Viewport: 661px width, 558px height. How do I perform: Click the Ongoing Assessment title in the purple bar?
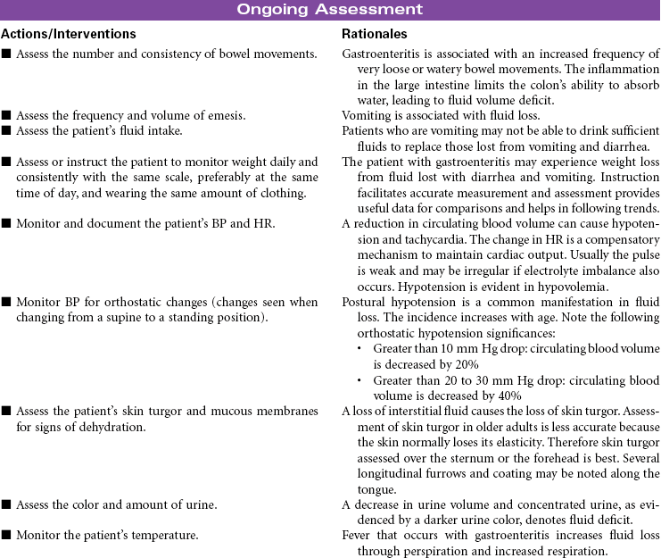(x=330, y=10)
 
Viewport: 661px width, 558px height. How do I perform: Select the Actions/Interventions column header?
(x=69, y=34)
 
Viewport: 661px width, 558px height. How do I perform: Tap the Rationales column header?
(x=375, y=34)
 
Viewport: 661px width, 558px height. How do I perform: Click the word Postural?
(x=366, y=303)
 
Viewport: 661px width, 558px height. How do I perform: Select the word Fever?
(x=357, y=536)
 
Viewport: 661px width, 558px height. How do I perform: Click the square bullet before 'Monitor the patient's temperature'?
(x=6, y=537)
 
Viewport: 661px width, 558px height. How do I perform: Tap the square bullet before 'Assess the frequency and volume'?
(x=6, y=116)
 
